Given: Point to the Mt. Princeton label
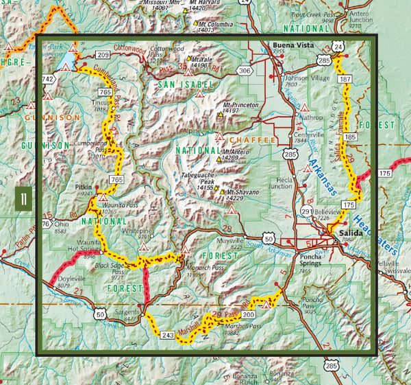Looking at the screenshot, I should point(240,106).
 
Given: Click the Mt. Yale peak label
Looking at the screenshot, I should point(203,60).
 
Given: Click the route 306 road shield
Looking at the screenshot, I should point(245,70).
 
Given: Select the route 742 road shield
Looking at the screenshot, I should point(48,80).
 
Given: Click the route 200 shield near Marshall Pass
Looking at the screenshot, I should point(248,314).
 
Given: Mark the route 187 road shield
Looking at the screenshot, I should point(345,80).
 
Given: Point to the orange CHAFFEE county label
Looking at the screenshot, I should point(257,140).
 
